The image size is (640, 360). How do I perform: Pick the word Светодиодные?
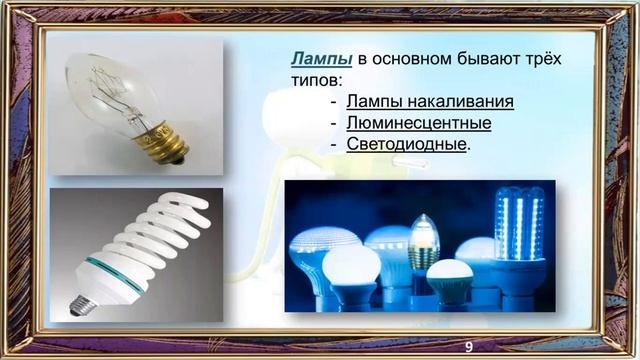(x=406, y=144)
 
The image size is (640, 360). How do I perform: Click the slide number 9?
(x=467, y=345)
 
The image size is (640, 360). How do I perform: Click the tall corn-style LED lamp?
(x=519, y=235)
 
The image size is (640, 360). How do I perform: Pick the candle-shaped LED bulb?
(x=423, y=241)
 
